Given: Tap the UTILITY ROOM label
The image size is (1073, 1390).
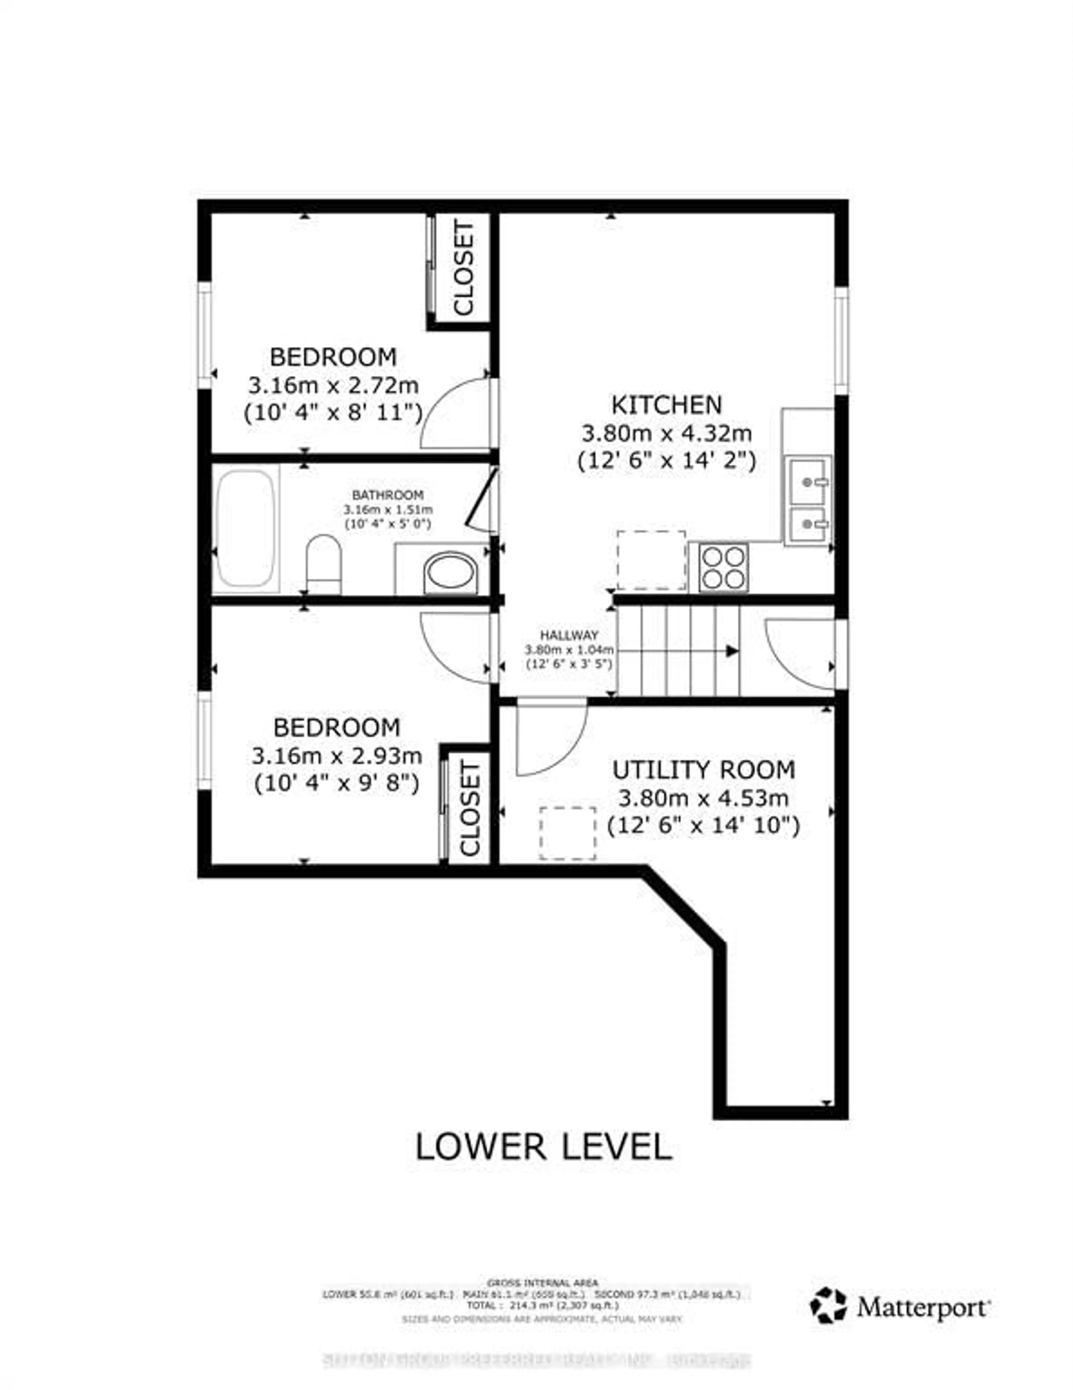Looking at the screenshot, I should [x=703, y=770].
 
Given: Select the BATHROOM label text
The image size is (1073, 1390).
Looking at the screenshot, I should [x=388, y=494].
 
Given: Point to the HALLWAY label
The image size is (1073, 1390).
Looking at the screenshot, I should [x=569, y=635].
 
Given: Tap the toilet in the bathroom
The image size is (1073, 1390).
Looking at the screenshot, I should [x=323, y=563].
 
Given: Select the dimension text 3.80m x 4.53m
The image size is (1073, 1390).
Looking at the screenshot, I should [x=703, y=798].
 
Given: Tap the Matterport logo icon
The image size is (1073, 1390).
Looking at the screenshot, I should [x=828, y=1305].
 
